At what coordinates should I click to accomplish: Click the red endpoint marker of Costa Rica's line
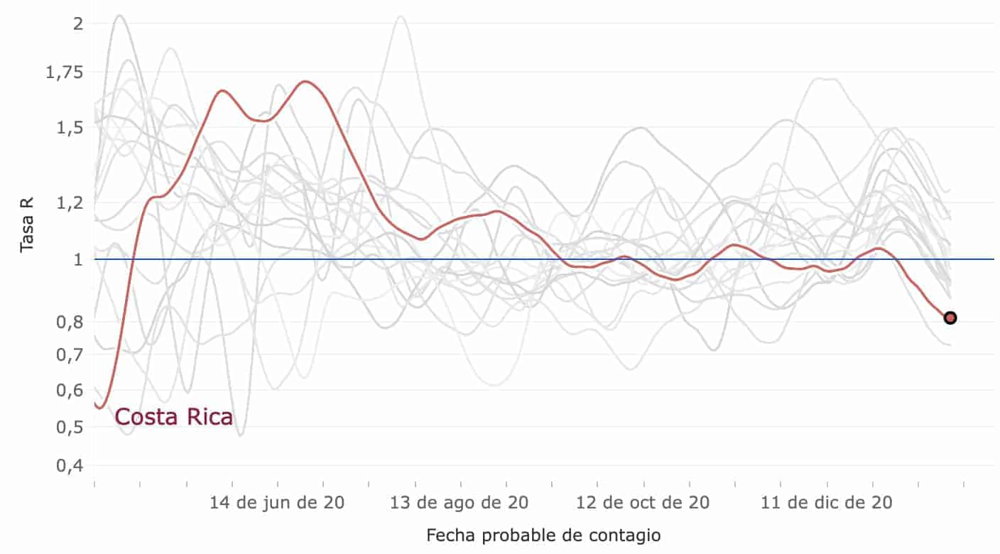[950, 317]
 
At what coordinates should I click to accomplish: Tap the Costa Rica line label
[173, 417]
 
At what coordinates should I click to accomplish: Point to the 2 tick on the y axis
[78, 23]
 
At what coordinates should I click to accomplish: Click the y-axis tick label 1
[78, 259]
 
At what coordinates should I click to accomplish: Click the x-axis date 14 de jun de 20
[277, 503]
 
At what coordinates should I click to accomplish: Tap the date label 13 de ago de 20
[459, 503]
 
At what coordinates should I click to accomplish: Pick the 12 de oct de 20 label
[643, 503]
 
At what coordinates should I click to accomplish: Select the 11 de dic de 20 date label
[827, 503]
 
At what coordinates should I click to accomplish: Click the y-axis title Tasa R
[27, 225]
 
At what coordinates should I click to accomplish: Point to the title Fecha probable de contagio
[543, 535]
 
